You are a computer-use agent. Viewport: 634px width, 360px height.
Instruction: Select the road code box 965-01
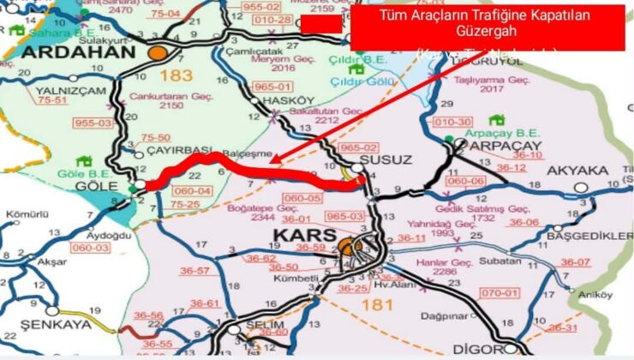click(274, 87)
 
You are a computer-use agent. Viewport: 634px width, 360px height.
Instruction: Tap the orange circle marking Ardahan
click(157, 52)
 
